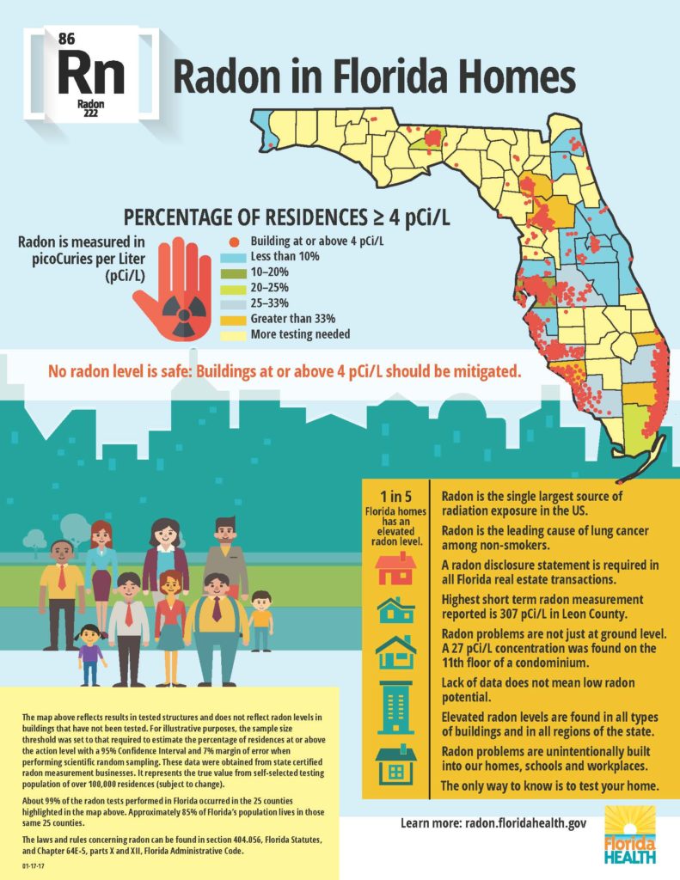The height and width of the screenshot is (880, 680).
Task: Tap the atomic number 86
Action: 67,38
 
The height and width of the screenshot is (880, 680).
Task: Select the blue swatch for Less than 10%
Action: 233,257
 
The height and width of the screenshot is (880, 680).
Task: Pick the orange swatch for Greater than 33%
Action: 233,319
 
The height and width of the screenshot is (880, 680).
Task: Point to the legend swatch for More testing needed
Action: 233,334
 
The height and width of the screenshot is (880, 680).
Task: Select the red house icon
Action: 395,568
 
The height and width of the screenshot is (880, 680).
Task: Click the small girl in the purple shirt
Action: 90,654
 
